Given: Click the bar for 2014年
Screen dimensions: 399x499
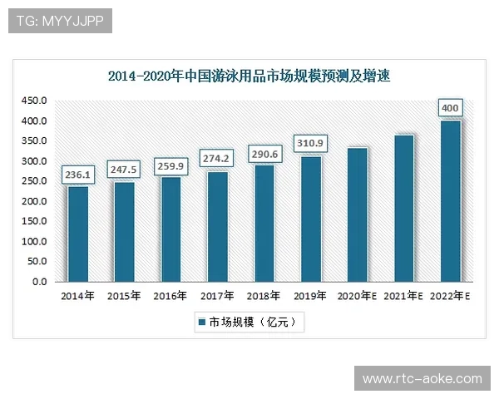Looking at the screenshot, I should [78, 234].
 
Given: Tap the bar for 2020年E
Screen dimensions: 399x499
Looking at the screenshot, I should [358, 215].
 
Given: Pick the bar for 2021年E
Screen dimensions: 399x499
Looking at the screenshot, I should [404, 209].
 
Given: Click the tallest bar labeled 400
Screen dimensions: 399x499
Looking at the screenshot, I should [450, 201].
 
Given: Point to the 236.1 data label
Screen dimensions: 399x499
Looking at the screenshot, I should [77, 175].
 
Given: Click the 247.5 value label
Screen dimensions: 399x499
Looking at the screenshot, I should [123, 170].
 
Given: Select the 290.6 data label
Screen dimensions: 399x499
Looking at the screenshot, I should [263, 155].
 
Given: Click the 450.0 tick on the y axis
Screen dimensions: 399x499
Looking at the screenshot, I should [34, 101].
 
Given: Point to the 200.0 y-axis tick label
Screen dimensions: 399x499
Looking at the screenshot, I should [34, 201].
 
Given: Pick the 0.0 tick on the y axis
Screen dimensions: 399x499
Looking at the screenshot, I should [40, 282].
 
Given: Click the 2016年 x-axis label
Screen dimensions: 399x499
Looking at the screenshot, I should [170, 296].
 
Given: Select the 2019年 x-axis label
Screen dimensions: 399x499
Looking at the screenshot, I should [310, 296].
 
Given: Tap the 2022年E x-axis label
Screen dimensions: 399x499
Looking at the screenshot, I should [450, 296].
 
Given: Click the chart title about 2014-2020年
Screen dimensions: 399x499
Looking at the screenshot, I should [249, 76].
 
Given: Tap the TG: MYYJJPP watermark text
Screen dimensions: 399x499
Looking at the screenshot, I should [60, 21].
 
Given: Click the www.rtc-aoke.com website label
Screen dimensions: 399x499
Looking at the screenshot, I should [422, 379].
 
